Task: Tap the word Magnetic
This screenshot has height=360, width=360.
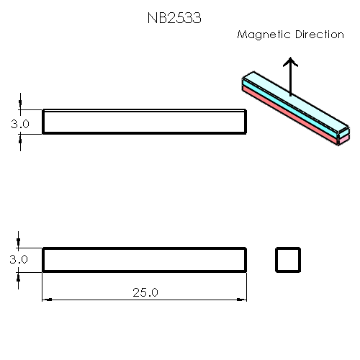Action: click(263, 35)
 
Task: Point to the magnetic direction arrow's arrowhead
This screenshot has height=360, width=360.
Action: click(289, 62)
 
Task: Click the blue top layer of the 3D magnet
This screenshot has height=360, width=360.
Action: click(292, 102)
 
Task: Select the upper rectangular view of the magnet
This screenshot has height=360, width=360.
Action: click(144, 122)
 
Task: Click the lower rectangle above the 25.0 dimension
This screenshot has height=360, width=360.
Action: click(144, 260)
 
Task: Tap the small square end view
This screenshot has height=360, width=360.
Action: click(288, 260)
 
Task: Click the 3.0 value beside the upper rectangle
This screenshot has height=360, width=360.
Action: click(19, 124)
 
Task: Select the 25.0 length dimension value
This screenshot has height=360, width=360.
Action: click(145, 292)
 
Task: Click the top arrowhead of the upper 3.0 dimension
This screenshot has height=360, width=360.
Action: click(22, 106)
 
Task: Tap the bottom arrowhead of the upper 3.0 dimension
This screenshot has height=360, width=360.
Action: click(22, 138)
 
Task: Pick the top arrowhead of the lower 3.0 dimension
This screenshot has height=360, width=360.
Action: click(22, 244)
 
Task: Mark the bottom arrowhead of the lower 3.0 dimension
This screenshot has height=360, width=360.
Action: click(22, 276)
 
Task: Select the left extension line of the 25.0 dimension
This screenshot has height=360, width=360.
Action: click(42, 288)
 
